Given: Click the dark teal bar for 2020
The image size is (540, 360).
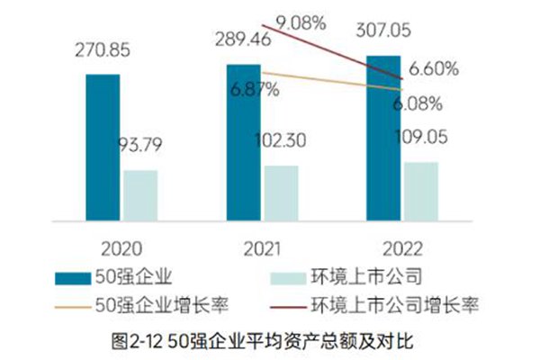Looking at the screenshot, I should click(103, 147).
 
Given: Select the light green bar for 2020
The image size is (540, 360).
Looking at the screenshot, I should click(139, 194).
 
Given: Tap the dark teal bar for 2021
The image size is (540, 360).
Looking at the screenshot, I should click(243, 142).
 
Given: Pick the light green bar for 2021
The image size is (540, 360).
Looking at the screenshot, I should click(280, 192).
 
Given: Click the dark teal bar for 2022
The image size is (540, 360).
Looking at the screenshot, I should click(383, 138).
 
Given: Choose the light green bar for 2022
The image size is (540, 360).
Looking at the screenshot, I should click(420, 190).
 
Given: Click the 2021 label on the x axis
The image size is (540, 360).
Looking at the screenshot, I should click(261, 249).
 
